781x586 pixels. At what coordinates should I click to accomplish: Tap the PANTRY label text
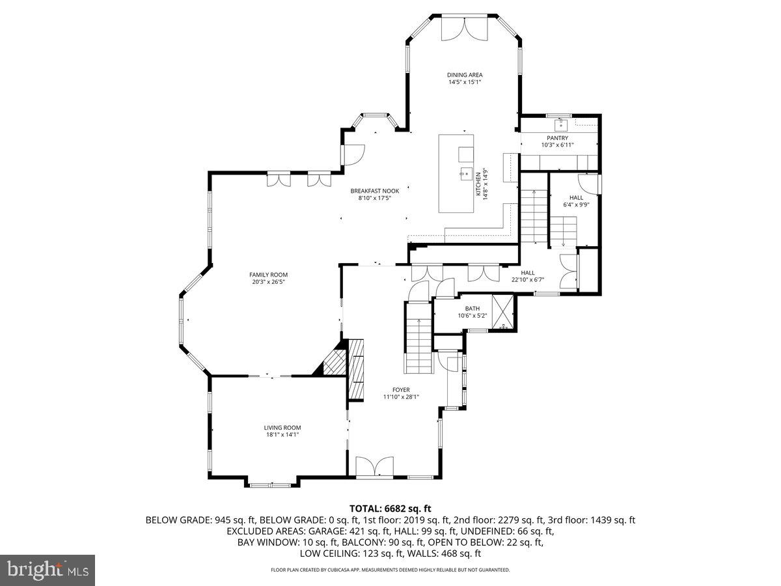tap(557, 137)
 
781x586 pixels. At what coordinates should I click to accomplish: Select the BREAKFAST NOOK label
tap(375, 191)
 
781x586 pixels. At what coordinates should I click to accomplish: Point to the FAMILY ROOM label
tap(268, 275)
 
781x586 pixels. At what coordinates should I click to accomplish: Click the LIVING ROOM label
tap(282, 428)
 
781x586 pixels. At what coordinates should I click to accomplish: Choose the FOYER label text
tap(401, 390)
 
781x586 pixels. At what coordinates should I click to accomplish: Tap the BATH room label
tap(472, 309)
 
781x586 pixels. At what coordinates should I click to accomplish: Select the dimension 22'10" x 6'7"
tap(528, 280)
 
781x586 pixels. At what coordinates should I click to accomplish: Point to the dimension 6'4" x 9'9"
tap(576, 204)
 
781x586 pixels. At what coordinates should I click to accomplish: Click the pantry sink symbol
tap(561, 124)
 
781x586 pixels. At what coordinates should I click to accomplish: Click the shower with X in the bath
tap(502, 312)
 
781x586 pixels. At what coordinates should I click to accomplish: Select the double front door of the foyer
tap(375, 466)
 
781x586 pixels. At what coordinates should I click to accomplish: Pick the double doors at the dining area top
tap(464, 28)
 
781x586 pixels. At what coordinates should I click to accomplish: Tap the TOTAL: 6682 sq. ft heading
tap(390, 509)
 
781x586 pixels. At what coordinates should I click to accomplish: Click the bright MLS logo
tap(48, 570)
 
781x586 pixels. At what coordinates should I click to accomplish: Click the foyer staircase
tap(418, 337)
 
